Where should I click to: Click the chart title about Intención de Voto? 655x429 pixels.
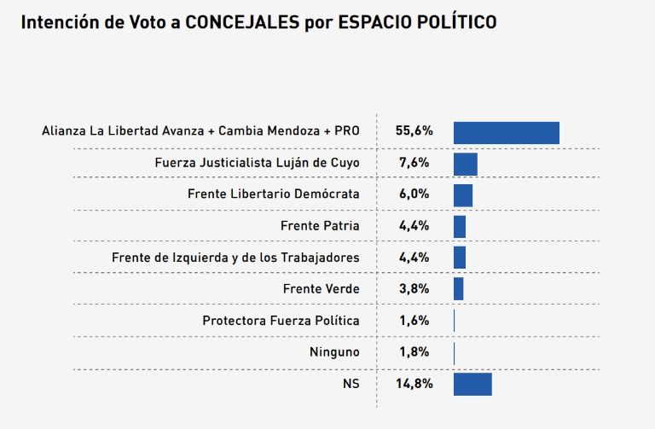tap(258, 22)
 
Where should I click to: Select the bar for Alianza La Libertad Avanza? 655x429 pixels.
tap(506, 132)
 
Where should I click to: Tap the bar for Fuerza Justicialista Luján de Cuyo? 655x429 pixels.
tap(465, 164)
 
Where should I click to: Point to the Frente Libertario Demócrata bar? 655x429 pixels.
tap(462, 194)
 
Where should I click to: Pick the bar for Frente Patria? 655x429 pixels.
tap(459, 226)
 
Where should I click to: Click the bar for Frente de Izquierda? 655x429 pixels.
tap(459, 258)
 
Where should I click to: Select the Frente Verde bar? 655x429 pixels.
tap(458, 288)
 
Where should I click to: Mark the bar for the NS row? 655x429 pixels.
tap(472, 384)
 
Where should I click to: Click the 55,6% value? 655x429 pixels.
tap(414, 131)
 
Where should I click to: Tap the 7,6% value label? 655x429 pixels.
tap(414, 163)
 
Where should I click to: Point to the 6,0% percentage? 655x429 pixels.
tap(414, 194)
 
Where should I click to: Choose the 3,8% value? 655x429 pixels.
tap(414, 289)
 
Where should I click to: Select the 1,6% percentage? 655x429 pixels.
tap(414, 321)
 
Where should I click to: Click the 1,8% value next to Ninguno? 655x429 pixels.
tap(414, 352)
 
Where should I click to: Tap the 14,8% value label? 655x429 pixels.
tap(414, 384)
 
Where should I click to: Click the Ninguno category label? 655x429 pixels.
tap(334, 352)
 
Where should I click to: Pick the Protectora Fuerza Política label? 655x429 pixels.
tap(281, 321)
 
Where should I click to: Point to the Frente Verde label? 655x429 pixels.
tap(321, 289)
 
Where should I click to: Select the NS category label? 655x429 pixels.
tap(351, 384)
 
